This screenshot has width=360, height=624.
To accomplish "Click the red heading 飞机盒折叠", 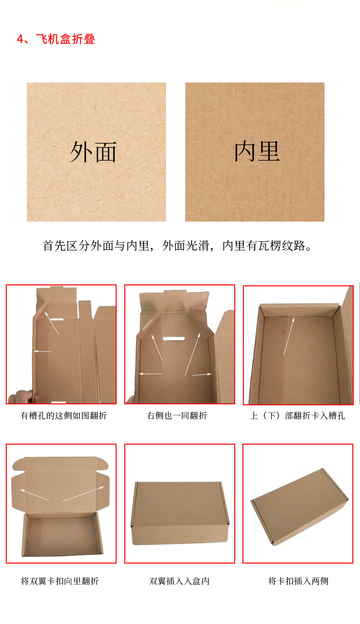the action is pyautogui.click(x=66, y=39).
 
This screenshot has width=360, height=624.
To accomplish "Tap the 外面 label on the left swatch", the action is pyautogui.click(x=93, y=152).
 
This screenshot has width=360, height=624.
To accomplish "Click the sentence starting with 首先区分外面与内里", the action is pyautogui.click(x=177, y=246).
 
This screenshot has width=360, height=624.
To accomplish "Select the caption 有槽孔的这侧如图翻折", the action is pyautogui.click(x=63, y=416).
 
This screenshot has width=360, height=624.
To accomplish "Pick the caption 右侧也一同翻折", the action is pyautogui.click(x=177, y=416).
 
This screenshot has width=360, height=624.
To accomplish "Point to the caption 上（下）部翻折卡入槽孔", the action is pyautogui.click(x=298, y=416).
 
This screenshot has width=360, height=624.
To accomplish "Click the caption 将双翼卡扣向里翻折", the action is pyautogui.click(x=60, y=581).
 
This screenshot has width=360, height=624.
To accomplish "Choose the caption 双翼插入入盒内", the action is pyautogui.click(x=180, y=581).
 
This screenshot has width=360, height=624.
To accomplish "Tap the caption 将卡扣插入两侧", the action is pyautogui.click(x=298, y=581).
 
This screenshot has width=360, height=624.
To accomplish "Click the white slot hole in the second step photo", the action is pyautogui.click(x=174, y=339).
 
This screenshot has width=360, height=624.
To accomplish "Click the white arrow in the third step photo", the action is pyautogui.click(x=289, y=336).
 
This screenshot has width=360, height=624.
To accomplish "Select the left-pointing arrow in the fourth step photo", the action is pyautogui.click(x=34, y=495).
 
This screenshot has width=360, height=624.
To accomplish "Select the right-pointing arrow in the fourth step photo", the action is pyautogui.click(x=84, y=494).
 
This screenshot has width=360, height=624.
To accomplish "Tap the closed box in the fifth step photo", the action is pyautogui.click(x=180, y=513).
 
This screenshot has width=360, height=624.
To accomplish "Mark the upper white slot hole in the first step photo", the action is pyautogui.click(x=57, y=319).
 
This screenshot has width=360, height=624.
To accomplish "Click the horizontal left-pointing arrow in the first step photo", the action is pyautogui.click(x=42, y=351).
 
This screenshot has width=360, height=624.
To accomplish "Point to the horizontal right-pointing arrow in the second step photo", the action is pyautogui.click(x=202, y=375).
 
